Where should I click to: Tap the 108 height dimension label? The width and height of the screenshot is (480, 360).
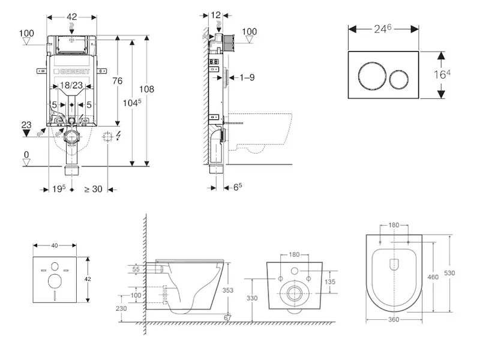(x=146, y=89)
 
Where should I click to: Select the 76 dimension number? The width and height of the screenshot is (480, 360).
(x=118, y=81)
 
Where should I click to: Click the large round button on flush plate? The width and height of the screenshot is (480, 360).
(x=369, y=77)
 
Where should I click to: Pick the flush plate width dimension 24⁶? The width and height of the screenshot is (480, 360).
(x=383, y=28)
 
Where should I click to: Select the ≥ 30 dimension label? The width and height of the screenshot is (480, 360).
(x=93, y=189)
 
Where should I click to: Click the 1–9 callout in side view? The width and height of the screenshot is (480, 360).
(x=247, y=77)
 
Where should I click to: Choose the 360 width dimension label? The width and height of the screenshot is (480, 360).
(x=393, y=320)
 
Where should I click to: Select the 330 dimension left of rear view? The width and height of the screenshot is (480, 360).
(x=252, y=298)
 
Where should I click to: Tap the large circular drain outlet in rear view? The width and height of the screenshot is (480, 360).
(x=295, y=294)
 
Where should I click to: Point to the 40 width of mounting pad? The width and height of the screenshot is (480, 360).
(x=55, y=245)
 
